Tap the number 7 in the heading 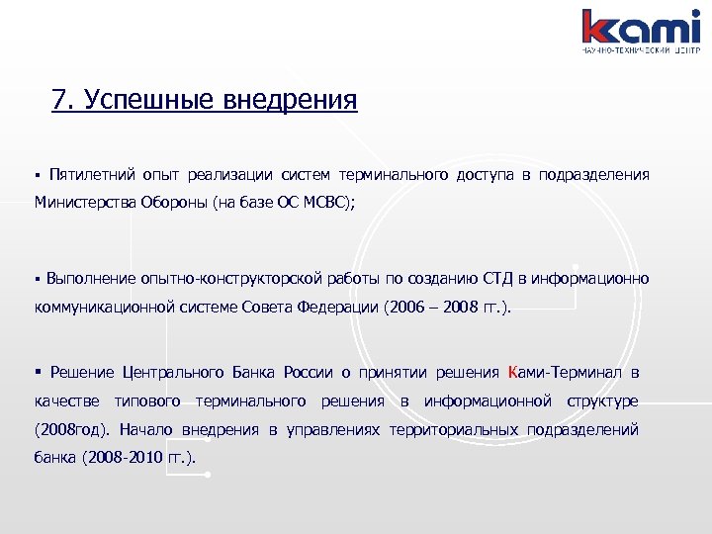point(59,100)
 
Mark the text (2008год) point(74,430)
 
